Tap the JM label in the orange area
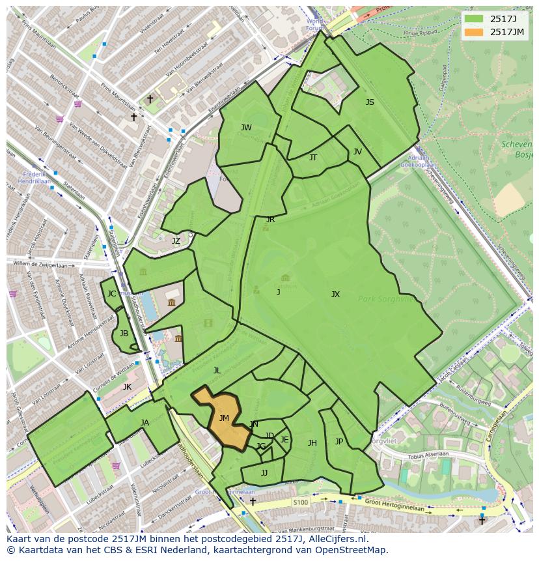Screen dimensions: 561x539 [224, 418]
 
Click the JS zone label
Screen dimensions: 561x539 [370, 102]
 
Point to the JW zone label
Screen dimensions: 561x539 [246, 128]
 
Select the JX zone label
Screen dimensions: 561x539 [335, 295]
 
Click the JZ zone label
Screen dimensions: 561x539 [176, 241]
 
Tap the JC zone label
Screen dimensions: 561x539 [111, 294]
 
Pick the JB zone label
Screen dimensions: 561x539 [124, 334]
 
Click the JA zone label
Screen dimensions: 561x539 [145, 423]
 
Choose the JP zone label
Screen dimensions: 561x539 [339, 442]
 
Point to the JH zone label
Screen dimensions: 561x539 [312, 443]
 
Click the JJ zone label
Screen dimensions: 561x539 [264, 473]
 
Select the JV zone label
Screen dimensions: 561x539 [357, 152]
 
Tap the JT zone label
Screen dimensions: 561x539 [313, 158]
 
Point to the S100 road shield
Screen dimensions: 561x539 [300, 502]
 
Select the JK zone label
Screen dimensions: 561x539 [127, 387]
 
